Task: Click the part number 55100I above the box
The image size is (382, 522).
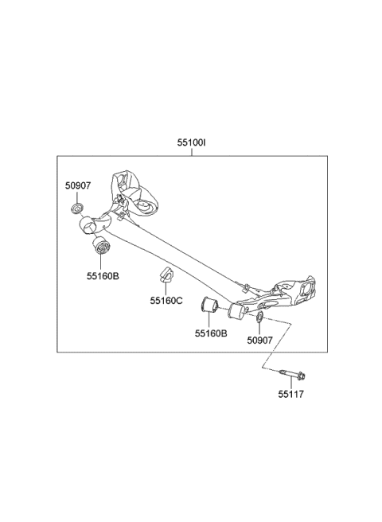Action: pyautogui.click(x=191, y=142)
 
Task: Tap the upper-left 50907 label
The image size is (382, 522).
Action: pyautogui.click(x=78, y=185)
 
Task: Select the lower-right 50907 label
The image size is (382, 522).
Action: pyautogui.click(x=259, y=340)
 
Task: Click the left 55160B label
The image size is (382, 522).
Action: pyautogui.click(x=103, y=275)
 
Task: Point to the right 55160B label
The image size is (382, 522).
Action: pyautogui.click(x=211, y=333)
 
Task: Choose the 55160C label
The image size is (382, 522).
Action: pyautogui.click(x=166, y=301)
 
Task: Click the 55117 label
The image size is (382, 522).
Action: pyautogui.click(x=291, y=394)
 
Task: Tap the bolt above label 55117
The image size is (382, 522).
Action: pyautogui.click(x=293, y=375)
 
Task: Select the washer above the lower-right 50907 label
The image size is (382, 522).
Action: pyautogui.click(x=259, y=317)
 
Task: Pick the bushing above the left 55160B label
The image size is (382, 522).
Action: pyautogui.click(x=101, y=245)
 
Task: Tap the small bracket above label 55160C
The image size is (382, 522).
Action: pyautogui.click(x=166, y=273)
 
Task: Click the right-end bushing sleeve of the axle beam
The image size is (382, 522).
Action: pyautogui.click(x=236, y=312)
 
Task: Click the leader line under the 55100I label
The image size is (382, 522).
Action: pyautogui.click(x=192, y=151)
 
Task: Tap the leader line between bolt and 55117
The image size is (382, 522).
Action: pyautogui.click(x=291, y=384)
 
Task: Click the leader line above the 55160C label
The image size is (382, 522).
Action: pyautogui.click(x=166, y=288)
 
